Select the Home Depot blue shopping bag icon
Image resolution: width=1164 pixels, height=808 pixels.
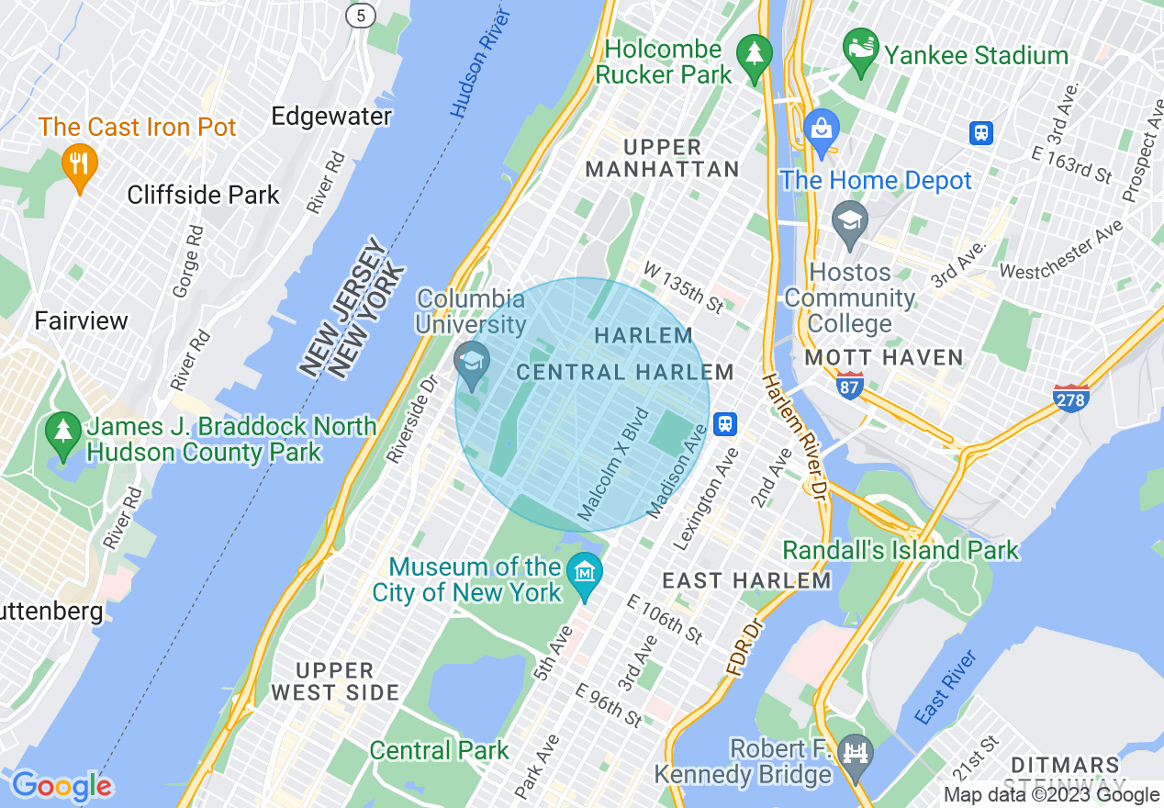pyautogui.click(x=822, y=130)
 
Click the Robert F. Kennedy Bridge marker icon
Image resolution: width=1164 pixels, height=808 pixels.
pyautogui.click(x=855, y=757)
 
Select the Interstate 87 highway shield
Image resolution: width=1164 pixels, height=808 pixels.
pyautogui.click(x=850, y=387)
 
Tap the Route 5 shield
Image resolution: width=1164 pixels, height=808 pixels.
pyautogui.click(x=360, y=14)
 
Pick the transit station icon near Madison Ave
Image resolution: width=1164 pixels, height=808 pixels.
pyautogui.click(x=725, y=423)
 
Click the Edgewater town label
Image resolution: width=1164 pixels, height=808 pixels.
pyautogui.click(x=331, y=117)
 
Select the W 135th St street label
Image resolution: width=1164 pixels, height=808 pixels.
pyautogui.click(x=684, y=286)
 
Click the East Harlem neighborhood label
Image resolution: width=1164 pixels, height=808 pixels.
pyautogui.click(x=746, y=580)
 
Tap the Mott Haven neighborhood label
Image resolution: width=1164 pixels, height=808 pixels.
pyautogui.click(x=883, y=357)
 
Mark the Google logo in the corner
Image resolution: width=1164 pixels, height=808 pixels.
pyautogui.click(x=61, y=787)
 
